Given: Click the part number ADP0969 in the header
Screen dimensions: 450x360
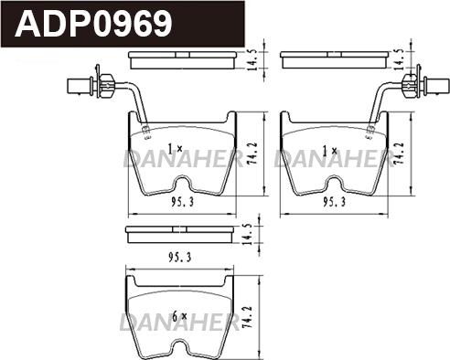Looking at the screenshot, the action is coord(94,23).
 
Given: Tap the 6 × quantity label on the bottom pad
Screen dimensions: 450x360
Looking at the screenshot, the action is coord(179,316).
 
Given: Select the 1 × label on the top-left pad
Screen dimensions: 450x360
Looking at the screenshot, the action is coord(176,149).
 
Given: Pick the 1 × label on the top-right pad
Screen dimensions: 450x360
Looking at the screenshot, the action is coord(330,151).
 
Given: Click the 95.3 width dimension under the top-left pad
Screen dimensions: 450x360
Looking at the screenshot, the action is coord(182,202).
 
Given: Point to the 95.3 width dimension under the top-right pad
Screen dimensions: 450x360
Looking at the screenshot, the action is coord(335,202).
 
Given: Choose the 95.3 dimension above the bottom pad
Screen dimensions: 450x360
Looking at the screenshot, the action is coord(180,258).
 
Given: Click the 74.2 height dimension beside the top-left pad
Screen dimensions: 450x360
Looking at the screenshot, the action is coord(252,154).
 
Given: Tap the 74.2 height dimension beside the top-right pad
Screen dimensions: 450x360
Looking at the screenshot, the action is coord(399,154).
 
